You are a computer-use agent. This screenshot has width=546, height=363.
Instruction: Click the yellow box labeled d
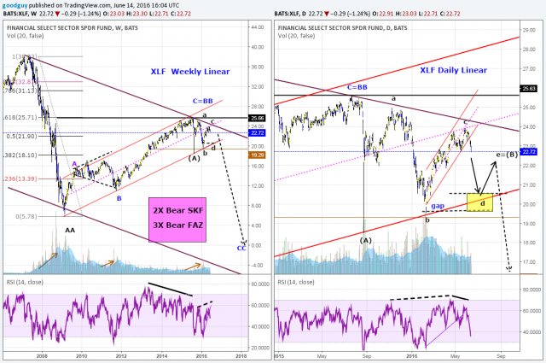[482, 203]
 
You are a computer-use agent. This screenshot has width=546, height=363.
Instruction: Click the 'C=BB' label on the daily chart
[357, 87]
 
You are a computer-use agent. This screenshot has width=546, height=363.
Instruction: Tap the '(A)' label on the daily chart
[365, 240]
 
